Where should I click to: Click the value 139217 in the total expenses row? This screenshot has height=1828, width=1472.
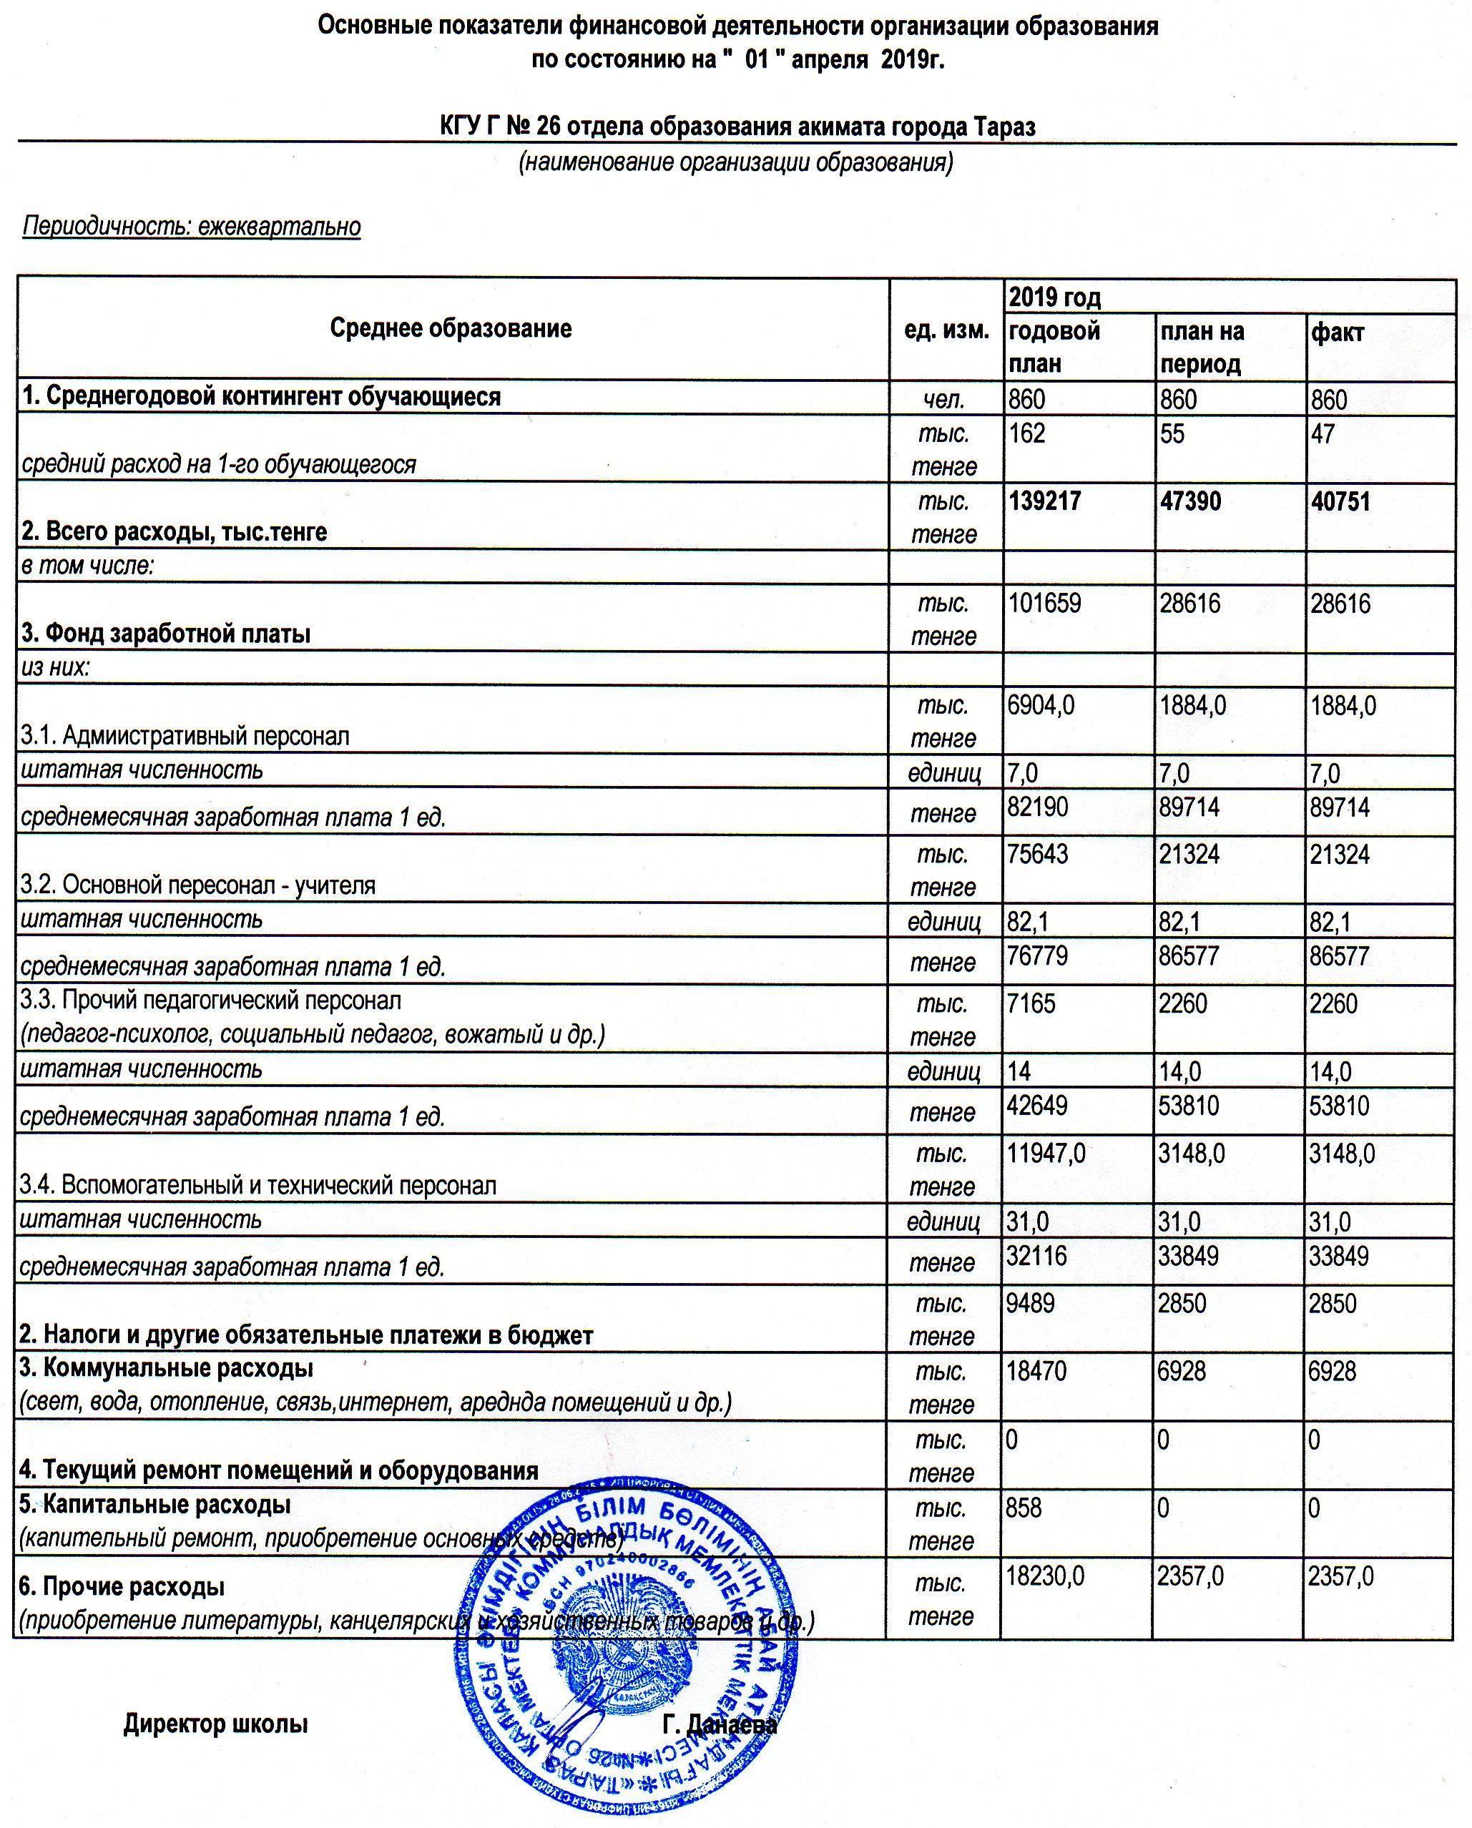[1045, 501]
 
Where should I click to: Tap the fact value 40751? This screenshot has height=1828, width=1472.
[1341, 501]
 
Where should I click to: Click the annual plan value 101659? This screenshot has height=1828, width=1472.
[1045, 604]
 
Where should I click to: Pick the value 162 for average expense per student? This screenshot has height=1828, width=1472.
[1027, 433]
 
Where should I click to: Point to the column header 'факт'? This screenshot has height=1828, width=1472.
[1338, 332]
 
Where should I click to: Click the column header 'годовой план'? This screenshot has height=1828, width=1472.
[1054, 347]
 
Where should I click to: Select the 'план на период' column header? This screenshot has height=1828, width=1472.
[1202, 347]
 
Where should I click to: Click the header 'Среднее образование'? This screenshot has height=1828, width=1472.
[451, 328]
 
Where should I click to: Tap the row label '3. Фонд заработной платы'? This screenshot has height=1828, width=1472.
[166, 634]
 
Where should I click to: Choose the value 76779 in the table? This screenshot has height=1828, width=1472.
[1037, 956]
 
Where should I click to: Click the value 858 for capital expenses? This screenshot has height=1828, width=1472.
[1024, 1507]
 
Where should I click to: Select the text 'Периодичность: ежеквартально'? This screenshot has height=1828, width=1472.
[192, 227]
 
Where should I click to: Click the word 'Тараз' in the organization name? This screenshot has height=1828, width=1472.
[1005, 127]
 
